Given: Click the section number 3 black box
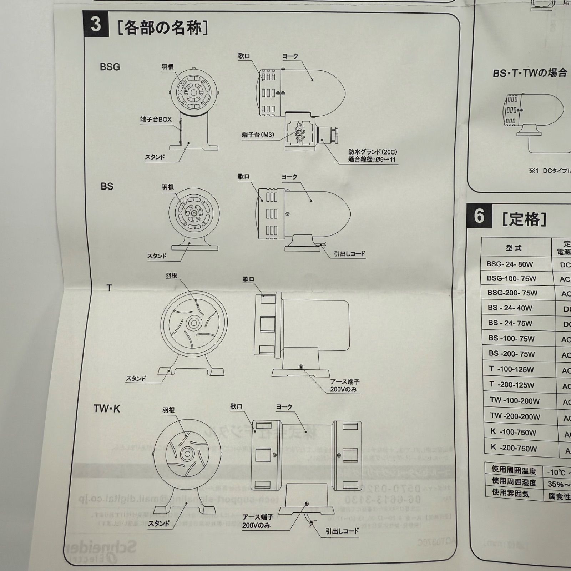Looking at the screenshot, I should pyautogui.click(x=96, y=24).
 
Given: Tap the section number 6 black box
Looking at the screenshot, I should pyautogui.click(x=479, y=216).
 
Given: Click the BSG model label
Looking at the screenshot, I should pyautogui.click(x=110, y=67).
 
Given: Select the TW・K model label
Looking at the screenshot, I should pyautogui.click(x=107, y=409).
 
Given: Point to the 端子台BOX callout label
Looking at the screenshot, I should pyautogui.click(x=156, y=120).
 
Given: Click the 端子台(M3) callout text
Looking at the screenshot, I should pyautogui.click(x=258, y=135).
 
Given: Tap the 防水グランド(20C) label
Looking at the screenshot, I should pyautogui.click(x=373, y=152).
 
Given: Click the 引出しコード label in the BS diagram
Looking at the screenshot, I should pyautogui.click(x=350, y=254).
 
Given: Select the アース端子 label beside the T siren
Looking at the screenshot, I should pyautogui.click(x=344, y=382).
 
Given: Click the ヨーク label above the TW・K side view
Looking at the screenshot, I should pyautogui.click(x=284, y=407).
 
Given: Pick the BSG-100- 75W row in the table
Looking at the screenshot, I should pyautogui.click(x=511, y=278).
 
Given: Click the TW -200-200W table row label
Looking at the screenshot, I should pyautogui.click(x=515, y=416).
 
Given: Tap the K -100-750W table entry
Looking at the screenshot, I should pyautogui.click(x=513, y=432).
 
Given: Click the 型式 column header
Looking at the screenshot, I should pyautogui.click(x=514, y=248).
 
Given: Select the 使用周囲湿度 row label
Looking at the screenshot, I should pyautogui.click(x=514, y=482).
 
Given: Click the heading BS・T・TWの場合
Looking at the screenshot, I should pyautogui.click(x=530, y=73).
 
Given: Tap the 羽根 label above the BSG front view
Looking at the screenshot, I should pyautogui.click(x=167, y=67).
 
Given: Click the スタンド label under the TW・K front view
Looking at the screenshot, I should pyautogui.click(x=159, y=524).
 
